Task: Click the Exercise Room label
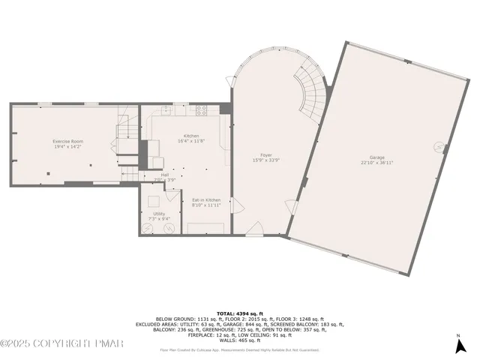coord(67,141)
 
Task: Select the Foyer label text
coord(265,154)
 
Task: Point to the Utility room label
coord(159,214)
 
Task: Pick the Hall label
coord(164,175)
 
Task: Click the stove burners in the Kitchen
coord(202,109)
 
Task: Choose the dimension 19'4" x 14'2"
coord(67,147)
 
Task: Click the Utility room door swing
coord(172,196)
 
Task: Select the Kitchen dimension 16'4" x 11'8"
coord(191,141)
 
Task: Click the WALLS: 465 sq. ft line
coord(240,341)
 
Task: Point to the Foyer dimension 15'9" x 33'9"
coord(265,160)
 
